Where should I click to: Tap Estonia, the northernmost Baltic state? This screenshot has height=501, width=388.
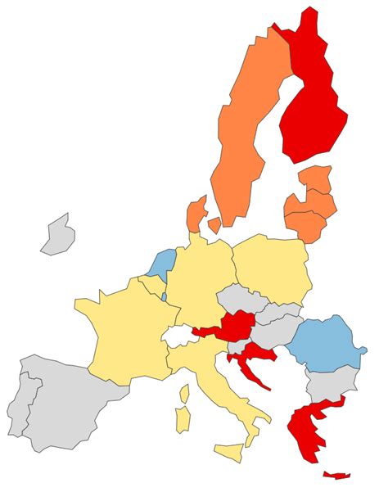[x=314, y=178]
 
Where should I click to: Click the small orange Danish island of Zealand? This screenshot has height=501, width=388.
[x=214, y=223]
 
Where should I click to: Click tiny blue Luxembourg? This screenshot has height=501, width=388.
[x=164, y=296]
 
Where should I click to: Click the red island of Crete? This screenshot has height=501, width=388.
[x=336, y=475]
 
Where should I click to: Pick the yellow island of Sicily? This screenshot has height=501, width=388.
[x=229, y=450]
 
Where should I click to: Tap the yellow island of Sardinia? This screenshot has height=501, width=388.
[x=184, y=417]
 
